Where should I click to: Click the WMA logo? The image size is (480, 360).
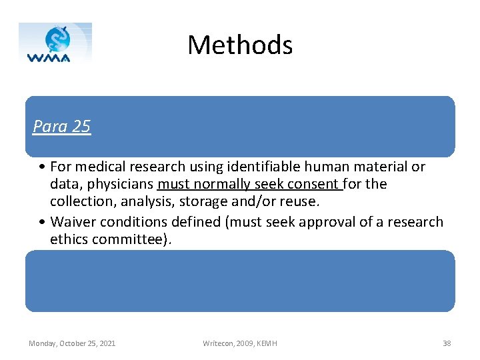point(55,43)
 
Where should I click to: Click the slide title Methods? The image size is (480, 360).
point(240,45)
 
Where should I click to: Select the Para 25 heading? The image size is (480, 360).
point(61,127)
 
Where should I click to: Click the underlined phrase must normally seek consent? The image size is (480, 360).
point(248,184)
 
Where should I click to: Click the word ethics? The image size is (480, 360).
point(71,239)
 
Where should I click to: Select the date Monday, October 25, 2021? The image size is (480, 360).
point(72,343)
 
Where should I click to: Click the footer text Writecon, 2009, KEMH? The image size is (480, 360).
point(240,343)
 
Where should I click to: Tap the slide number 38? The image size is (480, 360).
point(447,343)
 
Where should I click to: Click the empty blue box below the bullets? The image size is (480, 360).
point(240,281)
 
